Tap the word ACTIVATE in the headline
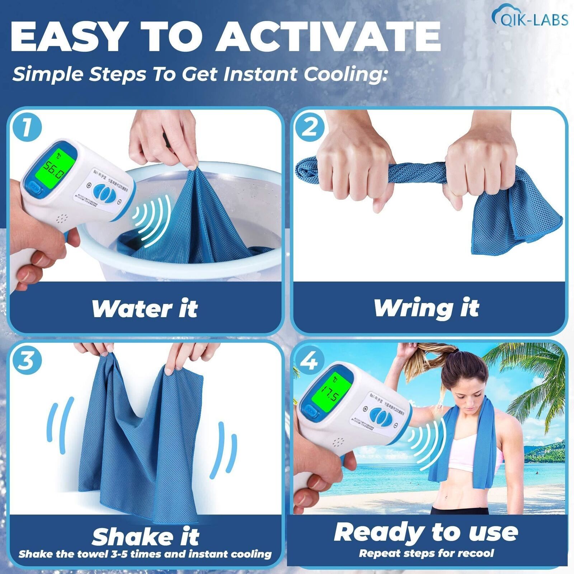coord(328,37)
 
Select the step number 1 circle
coord(27,128)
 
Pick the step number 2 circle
coord(309,128)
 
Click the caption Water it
coord(144,309)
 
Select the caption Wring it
coord(426,308)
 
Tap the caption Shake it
coord(145,536)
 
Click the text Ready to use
coord(426,532)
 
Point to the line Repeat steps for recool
coord(426,553)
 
